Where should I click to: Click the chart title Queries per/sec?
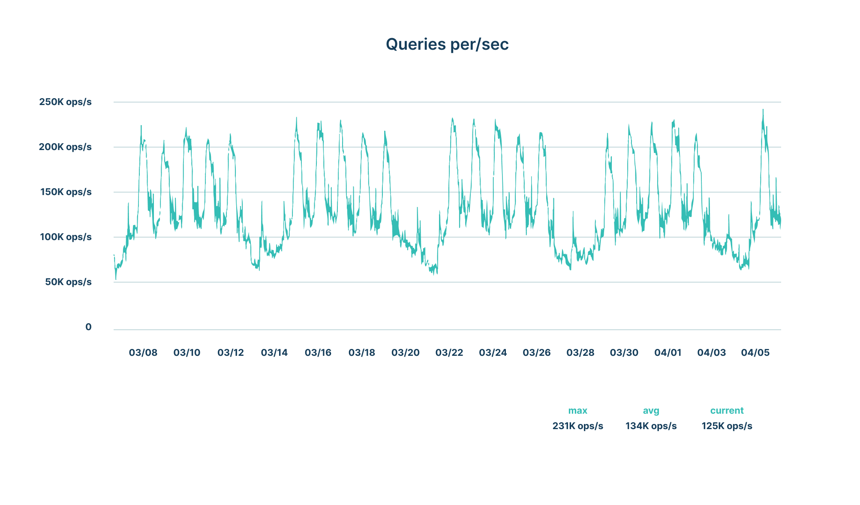[447, 45]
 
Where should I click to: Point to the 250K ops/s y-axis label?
[65, 102]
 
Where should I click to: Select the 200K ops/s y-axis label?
[65, 147]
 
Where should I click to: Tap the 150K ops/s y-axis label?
[66, 192]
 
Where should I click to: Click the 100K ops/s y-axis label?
[66, 237]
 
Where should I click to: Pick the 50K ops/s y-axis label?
[68, 282]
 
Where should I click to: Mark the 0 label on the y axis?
[88, 327]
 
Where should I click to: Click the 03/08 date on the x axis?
[143, 353]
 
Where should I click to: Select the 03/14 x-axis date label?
[274, 353]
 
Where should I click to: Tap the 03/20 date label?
[406, 353]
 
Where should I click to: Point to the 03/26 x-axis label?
[537, 353]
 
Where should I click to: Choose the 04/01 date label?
[668, 353]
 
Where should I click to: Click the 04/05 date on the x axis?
[755, 353]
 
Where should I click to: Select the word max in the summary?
[577, 411]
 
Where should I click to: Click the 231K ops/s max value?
[577, 426]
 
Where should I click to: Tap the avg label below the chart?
[651, 411]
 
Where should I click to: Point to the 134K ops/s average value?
[651, 426]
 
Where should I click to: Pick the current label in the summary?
[727, 411]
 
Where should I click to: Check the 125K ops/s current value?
[727, 426]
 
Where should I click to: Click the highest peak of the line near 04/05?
[763, 110]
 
